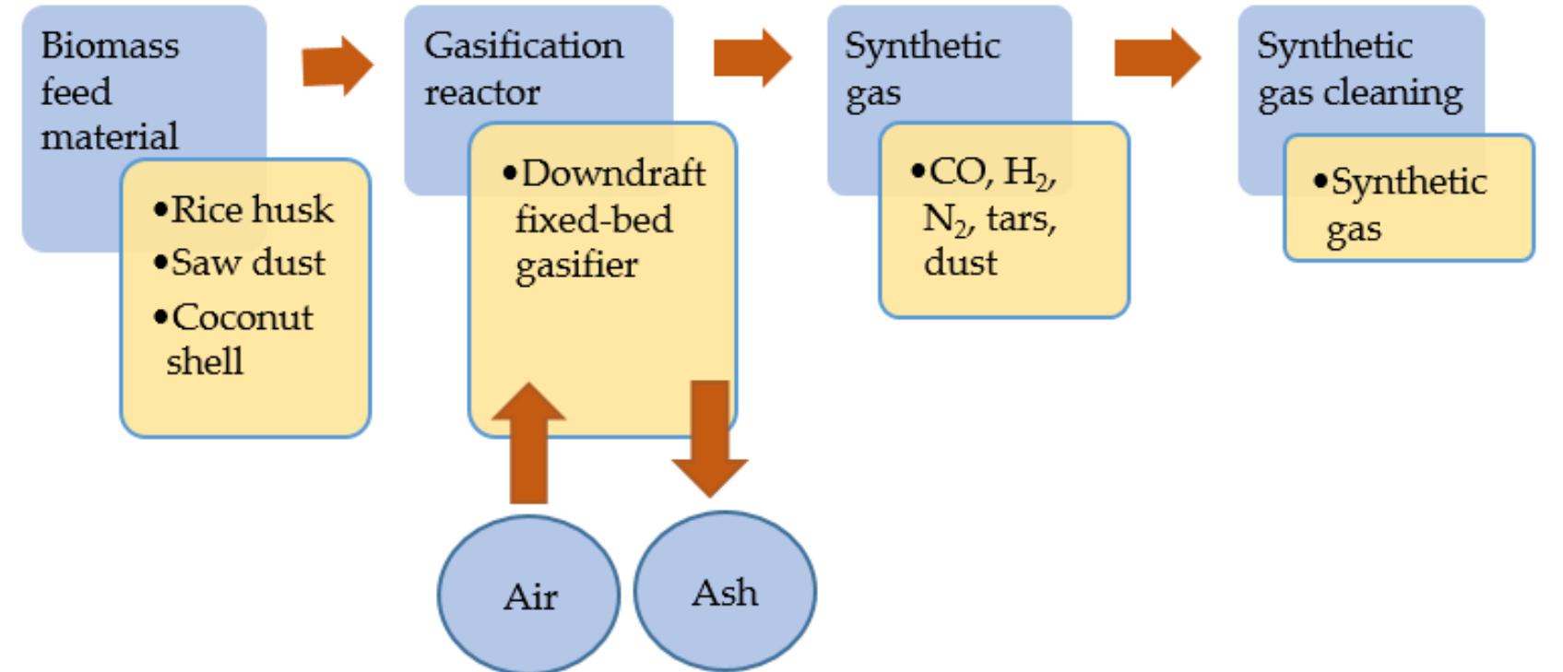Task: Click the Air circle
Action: [x=528, y=595]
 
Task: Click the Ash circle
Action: [x=725, y=591]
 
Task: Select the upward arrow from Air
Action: [x=528, y=442]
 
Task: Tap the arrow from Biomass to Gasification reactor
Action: [x=337, y=65]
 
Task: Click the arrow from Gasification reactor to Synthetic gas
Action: [x=752, y=58]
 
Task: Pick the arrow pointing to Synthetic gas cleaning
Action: [x=1156, y=58]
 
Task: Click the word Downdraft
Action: [x=613, y=172]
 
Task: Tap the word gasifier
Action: [x=576, y=265]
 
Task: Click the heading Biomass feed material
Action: [x=110, y=90]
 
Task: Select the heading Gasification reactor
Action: [x=523, y=68]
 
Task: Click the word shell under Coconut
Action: [x=205, y=360]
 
